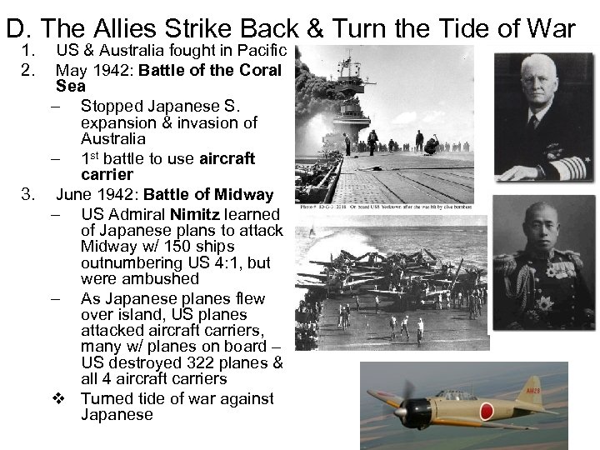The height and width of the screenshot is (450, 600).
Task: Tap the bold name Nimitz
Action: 197,214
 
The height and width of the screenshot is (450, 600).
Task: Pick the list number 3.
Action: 27,195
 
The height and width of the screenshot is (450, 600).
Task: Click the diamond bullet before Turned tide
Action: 59,398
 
